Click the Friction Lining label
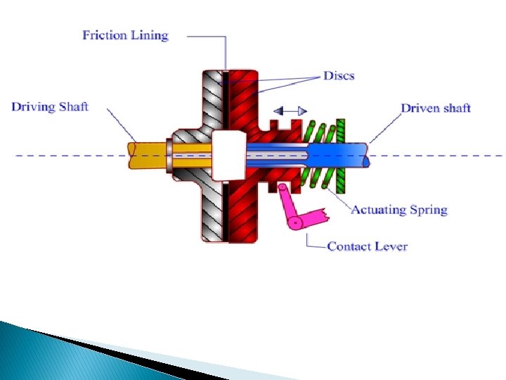125,35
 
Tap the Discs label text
338,75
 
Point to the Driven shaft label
435,108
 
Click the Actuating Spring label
398,210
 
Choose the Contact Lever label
367,246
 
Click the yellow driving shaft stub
148,155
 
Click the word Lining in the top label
150,35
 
